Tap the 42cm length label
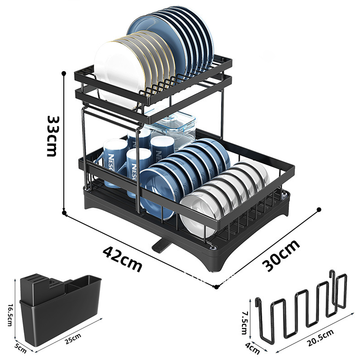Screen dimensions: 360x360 click(122, 259)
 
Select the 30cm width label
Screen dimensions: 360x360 click(282, 255)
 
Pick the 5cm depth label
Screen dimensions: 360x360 click(20, 348)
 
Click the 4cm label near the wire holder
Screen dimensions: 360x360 click(252, 349)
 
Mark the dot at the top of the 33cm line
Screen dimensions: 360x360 click(64, 73)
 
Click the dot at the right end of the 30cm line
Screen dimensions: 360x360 click(319, 210)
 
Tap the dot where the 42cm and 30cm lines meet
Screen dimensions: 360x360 click(216, 287)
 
